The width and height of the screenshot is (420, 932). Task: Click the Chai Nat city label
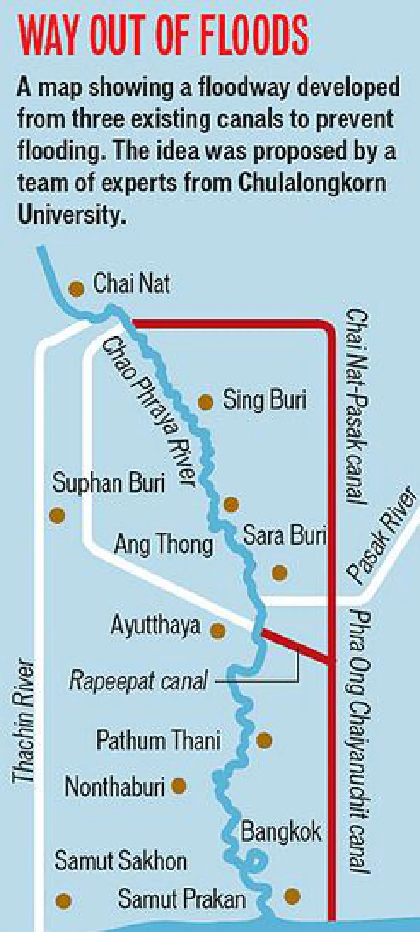(131, 283)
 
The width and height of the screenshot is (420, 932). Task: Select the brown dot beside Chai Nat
(76, 289)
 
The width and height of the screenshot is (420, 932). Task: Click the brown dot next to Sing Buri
(205, 402)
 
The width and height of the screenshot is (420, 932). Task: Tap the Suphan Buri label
(108, 483)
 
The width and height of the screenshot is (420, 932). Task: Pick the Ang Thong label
(163, 545)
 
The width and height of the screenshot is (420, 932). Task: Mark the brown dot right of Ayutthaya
(218, 631)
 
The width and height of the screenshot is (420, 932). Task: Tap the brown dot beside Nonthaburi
(178, 786)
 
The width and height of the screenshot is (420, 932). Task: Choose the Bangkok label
(281, 832)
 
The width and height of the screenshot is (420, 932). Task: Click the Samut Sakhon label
(120, 860)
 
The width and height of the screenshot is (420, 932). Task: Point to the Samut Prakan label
(182, 899)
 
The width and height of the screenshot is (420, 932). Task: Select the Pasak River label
(381, 535)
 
